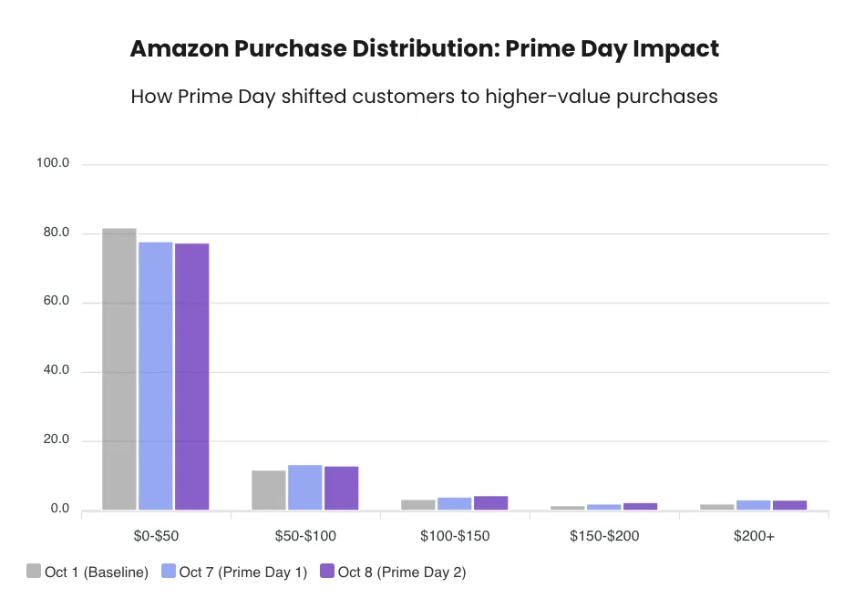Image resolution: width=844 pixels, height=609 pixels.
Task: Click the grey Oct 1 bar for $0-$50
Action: pyautogui.click(x=119, y=369)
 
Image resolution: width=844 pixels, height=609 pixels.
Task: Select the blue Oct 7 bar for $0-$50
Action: pyautogui.click(x=156, y=376)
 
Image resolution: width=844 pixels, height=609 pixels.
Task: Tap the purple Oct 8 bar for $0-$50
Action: pyautogui.click(x=192, y=377)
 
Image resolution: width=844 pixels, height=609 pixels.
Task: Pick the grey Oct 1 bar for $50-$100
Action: pyautogui.click(x=269, y=490)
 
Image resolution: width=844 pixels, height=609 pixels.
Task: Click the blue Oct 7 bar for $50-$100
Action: pyautogui.click(x=305, y=488)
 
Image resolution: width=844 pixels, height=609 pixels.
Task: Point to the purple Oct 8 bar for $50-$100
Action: pyautogui.click(x=342, y=489)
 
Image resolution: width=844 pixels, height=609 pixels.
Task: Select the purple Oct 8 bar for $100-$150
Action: pyautogui.click(x=490, y=503)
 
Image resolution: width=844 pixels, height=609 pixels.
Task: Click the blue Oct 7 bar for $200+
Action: pyautogui.click(x=753, y=505)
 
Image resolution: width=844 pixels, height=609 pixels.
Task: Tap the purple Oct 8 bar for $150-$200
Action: pyautogui.click(x=640, y=506)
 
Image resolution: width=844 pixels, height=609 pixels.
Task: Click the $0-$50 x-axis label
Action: pyautogui.click(x=156, y=536)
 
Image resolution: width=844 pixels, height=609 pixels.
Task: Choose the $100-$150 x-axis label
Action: pyautogui.click(x=455, y=536)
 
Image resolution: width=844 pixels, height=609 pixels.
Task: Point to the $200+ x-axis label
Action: pyautogui.click(x=754, y=536)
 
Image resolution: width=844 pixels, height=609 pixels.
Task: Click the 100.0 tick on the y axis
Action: pyautogui.click(x=53, y=163)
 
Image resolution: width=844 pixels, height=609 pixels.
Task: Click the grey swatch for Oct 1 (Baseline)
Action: pyautogui.click(x=34, y=572)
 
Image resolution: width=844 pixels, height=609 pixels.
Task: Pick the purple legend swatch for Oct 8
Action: pyautogui.click(x=326, y=572)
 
